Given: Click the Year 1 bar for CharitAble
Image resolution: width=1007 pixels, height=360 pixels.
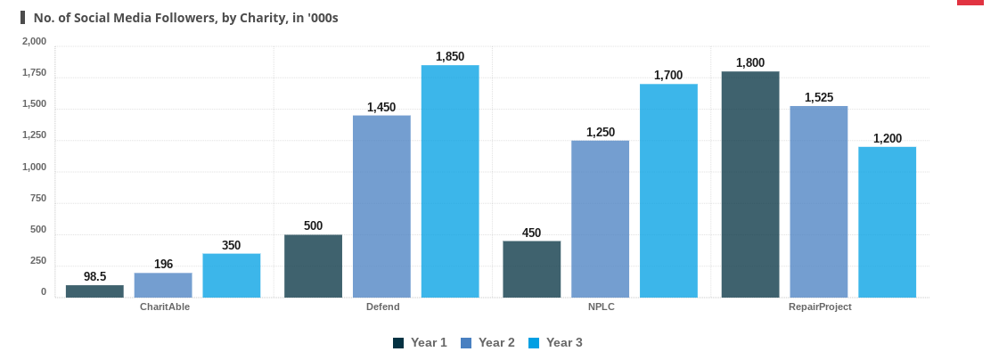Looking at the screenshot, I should [x=94, y=291].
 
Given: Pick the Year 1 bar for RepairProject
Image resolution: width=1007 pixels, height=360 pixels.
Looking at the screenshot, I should [x=750, y=184].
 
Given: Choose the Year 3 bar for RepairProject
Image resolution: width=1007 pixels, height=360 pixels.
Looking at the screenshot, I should [x=887, y=222].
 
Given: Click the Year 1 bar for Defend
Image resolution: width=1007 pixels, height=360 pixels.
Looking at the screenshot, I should [x=313, y=266].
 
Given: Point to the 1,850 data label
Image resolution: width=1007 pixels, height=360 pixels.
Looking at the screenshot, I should [x=450, y=56].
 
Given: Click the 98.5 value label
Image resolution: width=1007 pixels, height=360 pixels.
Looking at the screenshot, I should [x=94, y=276].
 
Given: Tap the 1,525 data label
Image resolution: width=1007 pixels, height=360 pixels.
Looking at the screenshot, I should [x=818, y=97].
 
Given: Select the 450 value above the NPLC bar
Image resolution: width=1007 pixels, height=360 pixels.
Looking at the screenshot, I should [x=531, y=233].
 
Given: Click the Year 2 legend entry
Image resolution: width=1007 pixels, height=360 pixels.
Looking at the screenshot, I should [x=487, y=342].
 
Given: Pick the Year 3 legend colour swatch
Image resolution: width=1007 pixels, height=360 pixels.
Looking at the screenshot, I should [x=534, y=343].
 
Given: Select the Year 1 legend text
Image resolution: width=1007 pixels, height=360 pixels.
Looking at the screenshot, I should [x=429, y=342].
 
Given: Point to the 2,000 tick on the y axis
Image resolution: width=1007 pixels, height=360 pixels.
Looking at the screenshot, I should [x=34, y=41].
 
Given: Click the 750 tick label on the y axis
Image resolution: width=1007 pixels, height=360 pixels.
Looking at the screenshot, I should [x=37, y=198].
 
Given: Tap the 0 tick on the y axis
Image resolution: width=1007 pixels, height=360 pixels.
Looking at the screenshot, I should [x=43, y=291].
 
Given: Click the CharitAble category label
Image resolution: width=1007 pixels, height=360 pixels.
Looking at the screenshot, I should [x=165, y=307].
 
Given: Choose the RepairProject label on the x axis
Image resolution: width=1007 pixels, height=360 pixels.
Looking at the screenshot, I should [x=820, y=307].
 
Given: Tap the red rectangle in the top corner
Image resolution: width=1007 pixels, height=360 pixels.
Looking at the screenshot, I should [x=970, y=3].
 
